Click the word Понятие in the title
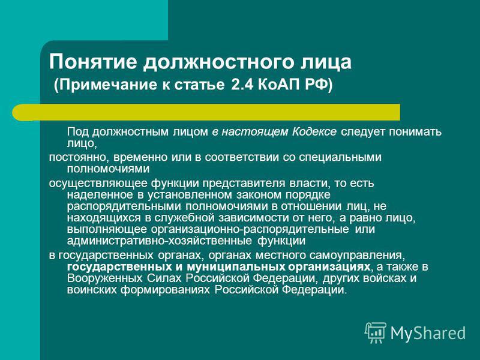[x=93, y=62]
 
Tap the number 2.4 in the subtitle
[x=242, y=85]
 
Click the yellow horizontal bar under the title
[x=206, y=112]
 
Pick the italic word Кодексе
[x=314, y=131]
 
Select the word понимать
[x=415, y=132]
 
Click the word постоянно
[x=79, y=157]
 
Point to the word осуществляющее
[x=98, y=184]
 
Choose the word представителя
[x=244, y=184]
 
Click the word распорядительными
[x=124, y=206]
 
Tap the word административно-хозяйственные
[x=160, y=241]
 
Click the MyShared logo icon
[x=376, y=332]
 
